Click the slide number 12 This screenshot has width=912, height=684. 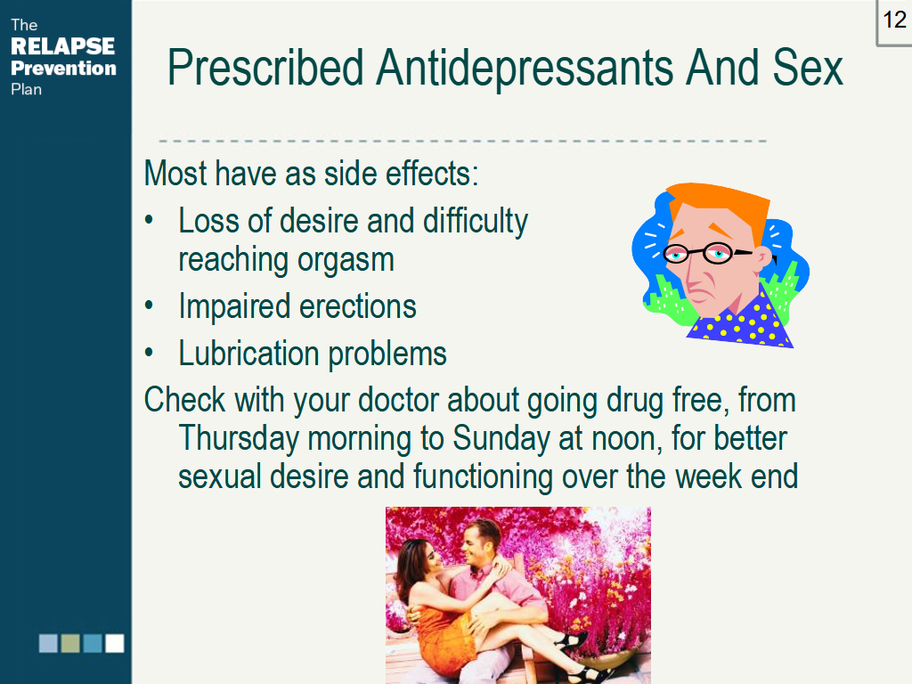click(x=894, y=20)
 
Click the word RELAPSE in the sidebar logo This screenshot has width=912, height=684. click(x=63, y=46)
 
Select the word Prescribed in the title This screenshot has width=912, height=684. click(x=265, y=68)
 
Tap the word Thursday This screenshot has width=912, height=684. click(x=239, y=438)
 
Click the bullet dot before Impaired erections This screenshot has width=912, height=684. click(x=150, y=305)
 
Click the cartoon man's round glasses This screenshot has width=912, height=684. click(x=705, y=254)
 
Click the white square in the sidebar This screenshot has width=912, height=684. click(x=115, y=643)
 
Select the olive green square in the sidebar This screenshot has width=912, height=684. click(x=70, y=643)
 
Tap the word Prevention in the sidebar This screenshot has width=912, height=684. click(x=63, y=68)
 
